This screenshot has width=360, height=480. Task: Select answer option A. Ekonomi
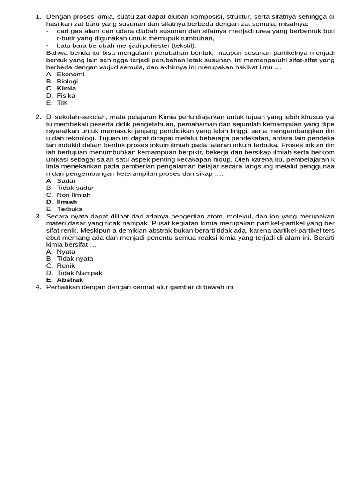(x=65, y=74)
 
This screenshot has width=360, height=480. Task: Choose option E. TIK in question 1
(x=57, y=103)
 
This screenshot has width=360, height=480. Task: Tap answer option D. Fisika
(x=60, y=96)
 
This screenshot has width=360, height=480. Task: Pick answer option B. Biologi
(x=62, y=81)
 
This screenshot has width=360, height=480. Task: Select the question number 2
(x=38, y=117)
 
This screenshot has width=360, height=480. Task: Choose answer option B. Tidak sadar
(x=70, y=187)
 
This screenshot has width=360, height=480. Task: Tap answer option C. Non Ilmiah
(x=68, y=195)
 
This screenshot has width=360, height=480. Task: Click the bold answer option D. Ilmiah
(x=61, y=202)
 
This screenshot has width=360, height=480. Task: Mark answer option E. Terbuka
(x=64, y=209)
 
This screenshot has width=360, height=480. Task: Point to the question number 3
(x=38, y=216)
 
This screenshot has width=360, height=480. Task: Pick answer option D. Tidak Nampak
(x=74, y=273)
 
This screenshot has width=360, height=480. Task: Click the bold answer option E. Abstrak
(x=65, y=280)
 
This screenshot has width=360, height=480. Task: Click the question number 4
(x=38, y=287)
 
